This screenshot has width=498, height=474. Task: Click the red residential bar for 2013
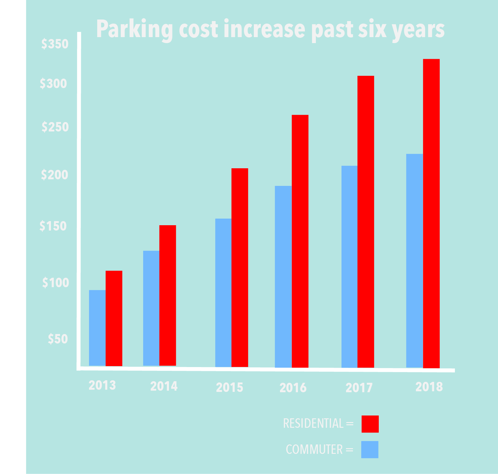(x=114, y=318)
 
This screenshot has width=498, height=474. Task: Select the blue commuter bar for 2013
(x=97, y=328)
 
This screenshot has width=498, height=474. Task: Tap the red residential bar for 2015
(x=240, y=267)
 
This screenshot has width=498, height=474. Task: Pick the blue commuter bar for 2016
(x=283, y=277)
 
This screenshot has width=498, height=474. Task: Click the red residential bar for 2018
(x=431, y=213)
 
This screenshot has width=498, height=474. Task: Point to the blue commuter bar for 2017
(x=349, y=267)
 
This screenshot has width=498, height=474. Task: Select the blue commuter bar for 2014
(x=151, y=308)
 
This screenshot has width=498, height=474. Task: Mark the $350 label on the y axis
(x=55, y=44)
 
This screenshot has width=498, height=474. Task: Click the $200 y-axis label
(x=54, y=175)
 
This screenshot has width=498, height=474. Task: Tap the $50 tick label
(x=58, y=339)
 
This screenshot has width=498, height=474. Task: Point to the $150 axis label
(x=53, y=226)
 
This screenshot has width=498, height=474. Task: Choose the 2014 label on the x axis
(x=164, y=386)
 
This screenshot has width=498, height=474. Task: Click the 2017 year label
(x=359, y=388)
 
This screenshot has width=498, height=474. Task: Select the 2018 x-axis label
(x=429, y=387)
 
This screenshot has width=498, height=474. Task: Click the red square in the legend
(x=370, y=424)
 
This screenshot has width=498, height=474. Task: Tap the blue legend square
(x=370, y=449)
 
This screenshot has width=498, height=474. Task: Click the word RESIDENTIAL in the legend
(x=313, y=424)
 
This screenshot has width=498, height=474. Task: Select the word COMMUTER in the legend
(x=314, y=449)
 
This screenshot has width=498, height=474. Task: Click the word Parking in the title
(x=134, y=29)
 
